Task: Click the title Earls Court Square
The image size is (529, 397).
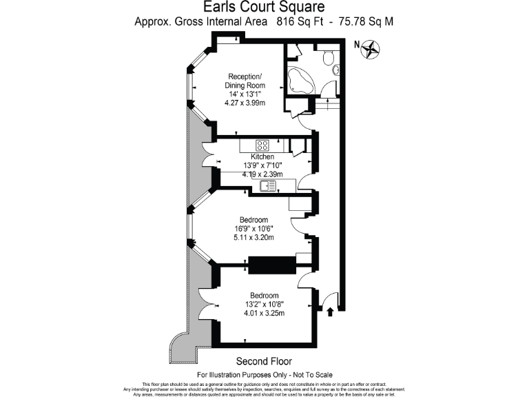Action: pyautogui.click(x=264, y=8)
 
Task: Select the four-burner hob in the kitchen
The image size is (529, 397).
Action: pyautogui.click(x=263, y=145)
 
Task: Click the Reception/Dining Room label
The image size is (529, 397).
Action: pyautogui.click(x=245, y=81)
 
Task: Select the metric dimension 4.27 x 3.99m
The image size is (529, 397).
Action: pyautogui.click(x=245, y=103)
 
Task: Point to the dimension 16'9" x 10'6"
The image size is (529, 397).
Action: pyautogui.click(x=253, y=229)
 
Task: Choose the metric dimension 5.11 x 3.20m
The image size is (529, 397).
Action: pyautogui.click(x=253, y=238)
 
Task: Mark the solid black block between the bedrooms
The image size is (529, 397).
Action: pyautogui.click(x=271, y=265)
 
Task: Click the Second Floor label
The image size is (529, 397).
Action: pyautogui.click(x=264, y=361)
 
